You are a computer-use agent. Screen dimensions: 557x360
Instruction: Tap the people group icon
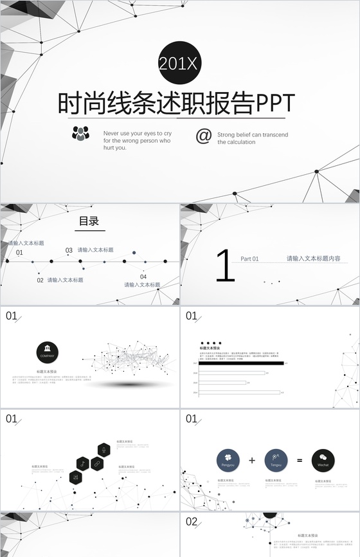click(81, 134)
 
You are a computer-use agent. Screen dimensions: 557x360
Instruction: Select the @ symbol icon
click(203, 136)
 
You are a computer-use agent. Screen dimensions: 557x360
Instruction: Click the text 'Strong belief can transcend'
click(253, 134)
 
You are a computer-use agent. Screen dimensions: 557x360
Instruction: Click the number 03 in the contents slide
click(69, 250)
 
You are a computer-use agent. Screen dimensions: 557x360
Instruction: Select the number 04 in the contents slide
click(143, 277)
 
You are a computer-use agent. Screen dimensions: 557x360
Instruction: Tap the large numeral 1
click(225, 267)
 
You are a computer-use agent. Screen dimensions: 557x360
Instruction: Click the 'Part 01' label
click(249, 259)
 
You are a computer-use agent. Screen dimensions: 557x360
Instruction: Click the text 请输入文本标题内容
click(313, 259)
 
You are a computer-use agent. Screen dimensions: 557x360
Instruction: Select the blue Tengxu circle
click(276, 460)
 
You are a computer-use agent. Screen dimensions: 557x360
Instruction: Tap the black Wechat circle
click(323, 460)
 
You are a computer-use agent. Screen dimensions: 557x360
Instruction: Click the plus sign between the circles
click(252, 460)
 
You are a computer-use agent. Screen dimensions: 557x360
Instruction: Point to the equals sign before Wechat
click(299, 460)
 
